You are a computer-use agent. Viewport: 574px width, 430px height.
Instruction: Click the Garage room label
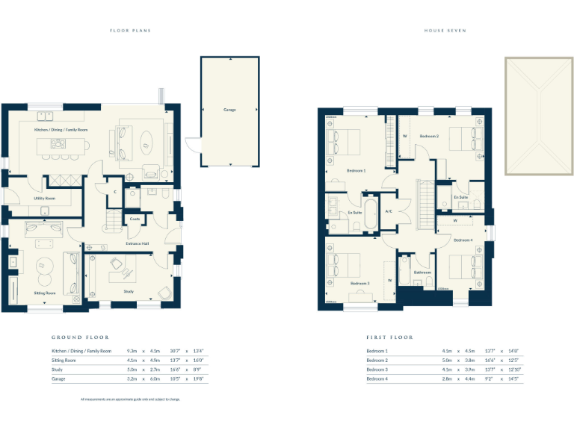click(x=229, y=110)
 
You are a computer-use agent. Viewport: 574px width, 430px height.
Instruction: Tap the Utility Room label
click(x=44, y=199)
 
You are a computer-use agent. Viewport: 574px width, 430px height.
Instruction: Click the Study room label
click(x=129, y=291)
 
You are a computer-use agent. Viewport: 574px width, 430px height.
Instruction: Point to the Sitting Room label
click(x=46, y=293)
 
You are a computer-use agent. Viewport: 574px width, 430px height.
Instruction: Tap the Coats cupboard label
click(x=135, y=219)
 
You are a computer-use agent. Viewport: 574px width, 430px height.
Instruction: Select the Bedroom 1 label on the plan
click(x=357, y=171)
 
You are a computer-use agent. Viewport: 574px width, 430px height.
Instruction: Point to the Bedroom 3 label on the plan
click(x=360, y=284)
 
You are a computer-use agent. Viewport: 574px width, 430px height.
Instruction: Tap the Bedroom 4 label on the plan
click(x=463, y=240)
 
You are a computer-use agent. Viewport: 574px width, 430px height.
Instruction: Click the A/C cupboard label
click(x=389, y=212)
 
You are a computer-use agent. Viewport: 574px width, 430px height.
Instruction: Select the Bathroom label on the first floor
click(x=422, y=272)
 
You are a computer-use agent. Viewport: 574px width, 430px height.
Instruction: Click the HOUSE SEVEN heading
click(x=445, y=31)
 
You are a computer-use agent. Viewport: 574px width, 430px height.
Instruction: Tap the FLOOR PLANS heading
click(x=130, y=31)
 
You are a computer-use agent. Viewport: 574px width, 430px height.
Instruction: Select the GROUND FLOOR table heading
click(x=80, y=337)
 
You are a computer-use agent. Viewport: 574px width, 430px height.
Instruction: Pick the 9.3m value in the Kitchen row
click(x=132, y=351)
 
